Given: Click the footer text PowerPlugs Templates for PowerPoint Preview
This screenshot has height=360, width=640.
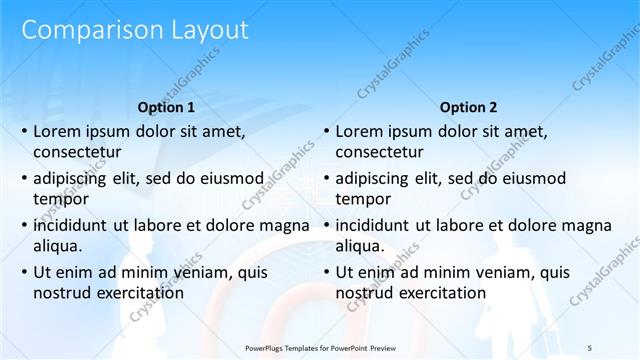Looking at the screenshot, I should click(x=320, y=346).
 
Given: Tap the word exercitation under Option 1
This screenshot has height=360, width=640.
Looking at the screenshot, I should click(x=134, y=292).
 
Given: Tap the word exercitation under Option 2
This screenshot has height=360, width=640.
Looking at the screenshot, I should click(x=436, y=292).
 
